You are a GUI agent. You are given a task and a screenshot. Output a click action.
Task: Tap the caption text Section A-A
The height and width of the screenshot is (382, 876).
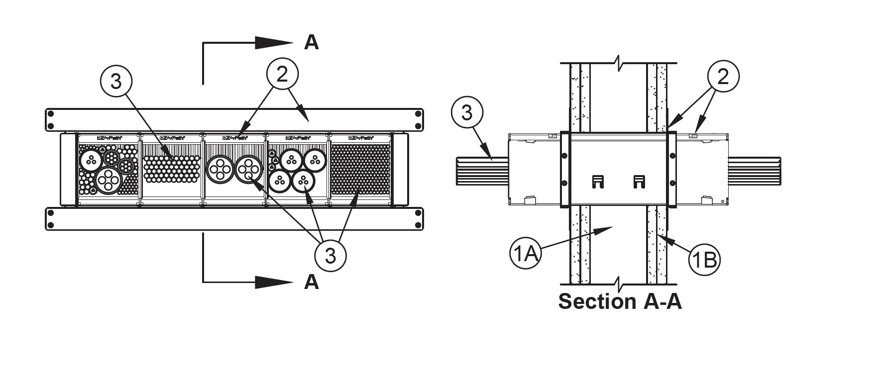click(x=620, y=301)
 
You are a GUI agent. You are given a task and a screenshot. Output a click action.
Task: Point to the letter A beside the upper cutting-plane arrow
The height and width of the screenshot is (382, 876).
click(x=312, y=43)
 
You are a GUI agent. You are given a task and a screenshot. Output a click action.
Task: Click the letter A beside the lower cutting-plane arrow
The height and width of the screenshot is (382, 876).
click(x=312, y=282)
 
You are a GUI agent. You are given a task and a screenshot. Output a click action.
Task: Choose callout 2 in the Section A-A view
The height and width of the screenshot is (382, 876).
click(x=723, y=77)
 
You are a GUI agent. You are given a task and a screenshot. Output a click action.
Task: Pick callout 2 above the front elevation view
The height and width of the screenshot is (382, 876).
click(x=282, y=75)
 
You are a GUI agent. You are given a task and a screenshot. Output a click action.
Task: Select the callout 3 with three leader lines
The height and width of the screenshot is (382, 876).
click(x=330, y=256)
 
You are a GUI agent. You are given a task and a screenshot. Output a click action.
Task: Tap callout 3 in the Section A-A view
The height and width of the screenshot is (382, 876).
click(x=467, y=113)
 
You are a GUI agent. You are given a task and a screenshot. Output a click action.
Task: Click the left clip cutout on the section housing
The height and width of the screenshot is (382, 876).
click(x=598, y=182)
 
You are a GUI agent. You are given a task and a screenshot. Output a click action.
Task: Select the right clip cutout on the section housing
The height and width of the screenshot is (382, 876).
click(x=639, y=182)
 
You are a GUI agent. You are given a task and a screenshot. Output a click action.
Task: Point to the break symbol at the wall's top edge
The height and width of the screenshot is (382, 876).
click(x=619, y=64)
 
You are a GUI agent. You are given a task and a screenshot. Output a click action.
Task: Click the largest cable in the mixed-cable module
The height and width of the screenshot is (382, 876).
click(x=109, y=180)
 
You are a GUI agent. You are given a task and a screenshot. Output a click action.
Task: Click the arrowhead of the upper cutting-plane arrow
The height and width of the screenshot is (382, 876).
click(x=279, y=43)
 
